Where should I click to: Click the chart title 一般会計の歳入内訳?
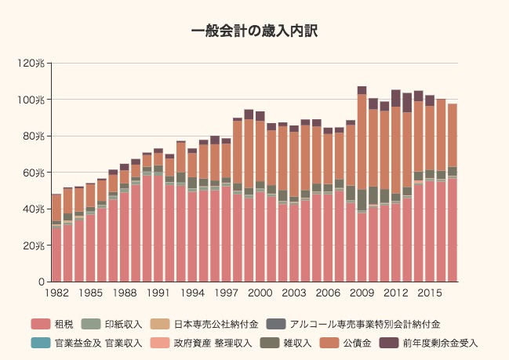(254, 31)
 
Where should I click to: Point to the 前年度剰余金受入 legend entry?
(439, 343)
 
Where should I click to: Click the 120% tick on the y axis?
(33, 64)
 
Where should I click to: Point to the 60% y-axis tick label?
(35, 173)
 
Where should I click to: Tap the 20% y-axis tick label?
(35, 245)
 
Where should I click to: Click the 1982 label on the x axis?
(56, 293)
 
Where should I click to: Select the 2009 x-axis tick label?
(362, 293)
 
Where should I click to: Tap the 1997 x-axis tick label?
(226, 293)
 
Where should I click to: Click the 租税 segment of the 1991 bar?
(158, 228)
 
